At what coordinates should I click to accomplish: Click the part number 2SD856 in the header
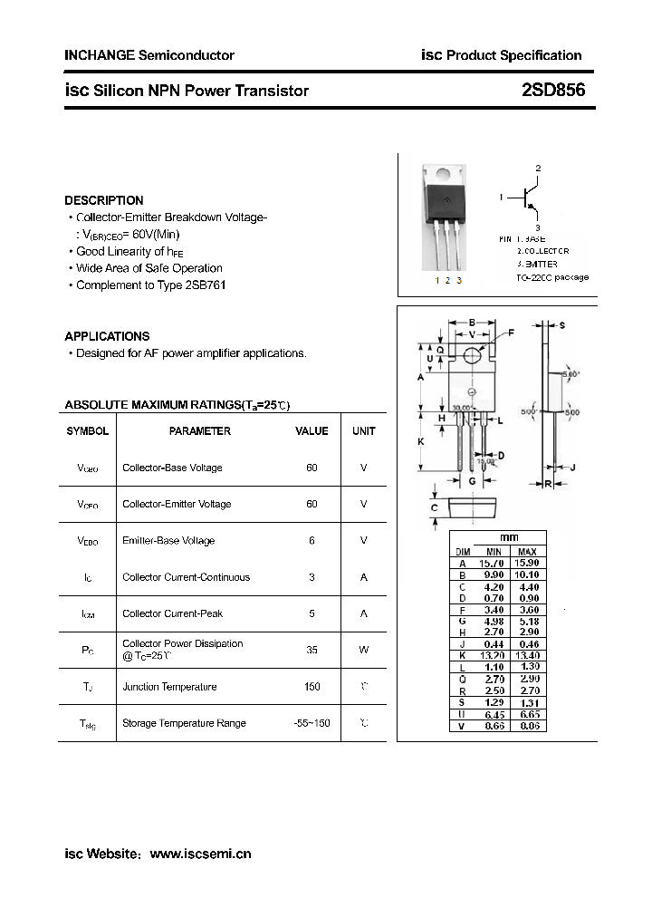[x=552, y=91]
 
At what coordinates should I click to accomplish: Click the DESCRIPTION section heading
[x=104, y=200]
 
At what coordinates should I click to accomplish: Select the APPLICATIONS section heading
[x=107, y=336]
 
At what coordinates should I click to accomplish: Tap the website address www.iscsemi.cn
[x=199, y=854]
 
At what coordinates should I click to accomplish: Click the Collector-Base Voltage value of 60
[x=312, y=468]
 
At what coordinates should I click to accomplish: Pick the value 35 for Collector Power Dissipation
[x=312, y=650]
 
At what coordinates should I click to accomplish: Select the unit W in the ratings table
[x=363, y=650]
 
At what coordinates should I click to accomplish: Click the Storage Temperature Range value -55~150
[x=312, y=723]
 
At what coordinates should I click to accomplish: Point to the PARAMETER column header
[x=200, y=431]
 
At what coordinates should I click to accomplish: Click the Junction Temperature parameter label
[x=169, y=687]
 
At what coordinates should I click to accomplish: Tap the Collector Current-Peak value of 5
[x=312, y=613]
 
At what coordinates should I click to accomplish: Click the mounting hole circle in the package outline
[x=472, y=355]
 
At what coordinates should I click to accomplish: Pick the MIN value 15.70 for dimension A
[x=493, y=563]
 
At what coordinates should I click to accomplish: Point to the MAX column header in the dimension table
[x=527, y=552]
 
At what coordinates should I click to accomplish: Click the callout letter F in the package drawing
[x=511, y=333]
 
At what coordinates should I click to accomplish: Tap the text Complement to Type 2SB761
[x=150, y=285]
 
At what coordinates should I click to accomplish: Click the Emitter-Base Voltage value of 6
[x=312, y=541]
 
